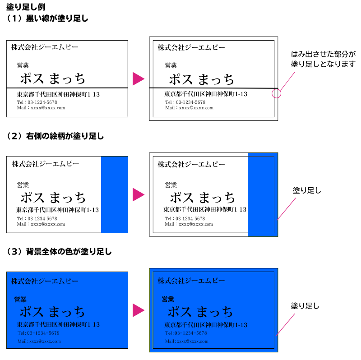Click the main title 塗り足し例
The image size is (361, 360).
click(26, 7)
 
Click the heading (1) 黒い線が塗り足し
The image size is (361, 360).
click(47, 18)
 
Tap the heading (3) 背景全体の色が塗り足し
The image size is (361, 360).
click(59, 251)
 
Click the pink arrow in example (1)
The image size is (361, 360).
click(138, 79)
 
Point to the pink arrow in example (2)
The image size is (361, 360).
click(138, 195)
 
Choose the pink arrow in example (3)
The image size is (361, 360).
click(138, 310)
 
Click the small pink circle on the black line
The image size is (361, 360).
click(277, 93)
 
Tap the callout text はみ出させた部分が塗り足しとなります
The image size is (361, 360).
click(323, 59)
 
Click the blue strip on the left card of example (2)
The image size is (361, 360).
click(114, 194)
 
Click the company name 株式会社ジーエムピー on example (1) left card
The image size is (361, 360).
click(45, 47)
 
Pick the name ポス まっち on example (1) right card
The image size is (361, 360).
click(201, 79)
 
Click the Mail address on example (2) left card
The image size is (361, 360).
click(41, 224)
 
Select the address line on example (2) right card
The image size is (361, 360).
click(205, 210)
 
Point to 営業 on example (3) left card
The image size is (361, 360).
click(20, 299)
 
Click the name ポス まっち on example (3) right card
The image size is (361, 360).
click(200, 312)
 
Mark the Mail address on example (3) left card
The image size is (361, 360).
click(39, 341)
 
